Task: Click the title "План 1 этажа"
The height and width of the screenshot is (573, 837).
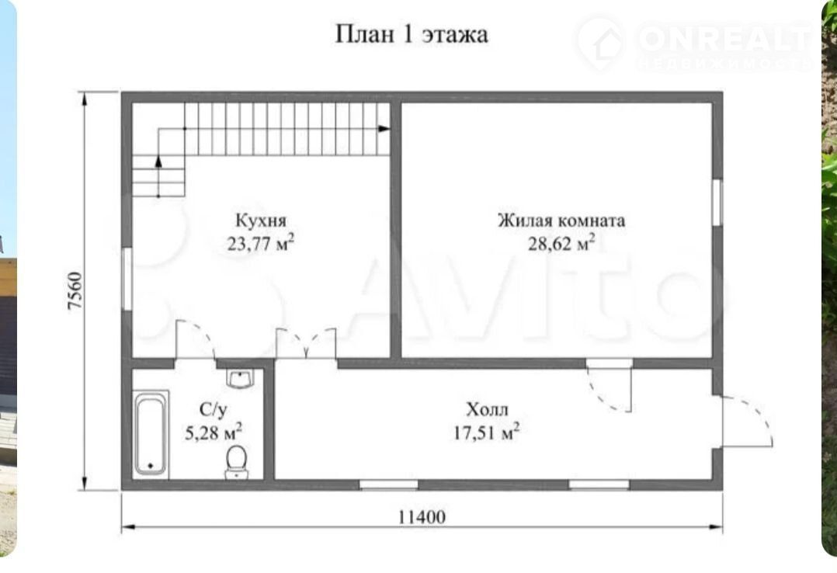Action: [x=412, y=34]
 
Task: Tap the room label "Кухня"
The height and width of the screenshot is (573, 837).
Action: [x=261, y=220]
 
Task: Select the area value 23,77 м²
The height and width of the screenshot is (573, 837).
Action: [x=261, y=243]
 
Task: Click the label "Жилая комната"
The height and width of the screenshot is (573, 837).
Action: [x=561, y=220]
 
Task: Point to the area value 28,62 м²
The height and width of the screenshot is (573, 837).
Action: [x=561, y=243]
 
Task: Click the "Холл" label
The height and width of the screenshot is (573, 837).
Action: [x=487, y=410]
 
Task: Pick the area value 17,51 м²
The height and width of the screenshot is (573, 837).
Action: [x=486, y=432]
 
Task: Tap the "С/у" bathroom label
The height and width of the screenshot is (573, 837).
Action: [x=213, y=410]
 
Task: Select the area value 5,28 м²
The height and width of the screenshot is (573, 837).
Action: [x=214, y=432]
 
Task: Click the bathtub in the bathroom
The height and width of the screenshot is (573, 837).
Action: [x=151, y=434]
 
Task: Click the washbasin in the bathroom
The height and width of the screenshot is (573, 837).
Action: [x=240, y=379]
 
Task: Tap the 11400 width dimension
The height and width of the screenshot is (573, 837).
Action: [x=422, y=517]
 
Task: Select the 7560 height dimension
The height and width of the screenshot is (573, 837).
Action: [x=75, y=291]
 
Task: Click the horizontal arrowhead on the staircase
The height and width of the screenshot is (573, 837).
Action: [x=384, y=129]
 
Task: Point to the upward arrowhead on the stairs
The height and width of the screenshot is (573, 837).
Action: [x=158, y=161]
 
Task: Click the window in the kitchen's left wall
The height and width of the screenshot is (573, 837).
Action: [x=127, y=278]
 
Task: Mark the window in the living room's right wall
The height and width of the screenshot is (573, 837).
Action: [x=717, y=201]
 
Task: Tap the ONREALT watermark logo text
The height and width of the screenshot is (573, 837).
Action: [x=724, y=38]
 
